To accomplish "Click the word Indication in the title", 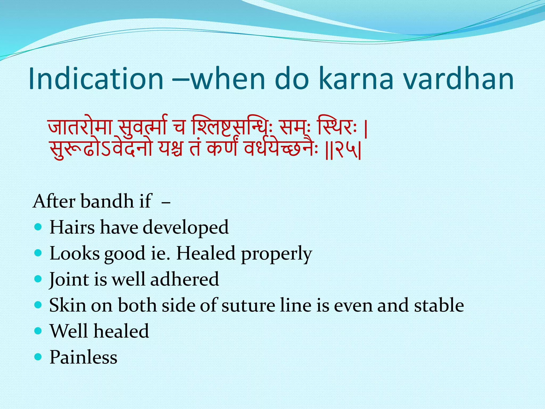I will tap(96, 79).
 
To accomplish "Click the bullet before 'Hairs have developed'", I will tap(38, 227).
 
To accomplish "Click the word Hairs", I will tap(72, 227).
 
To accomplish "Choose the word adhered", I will tap(184, 279).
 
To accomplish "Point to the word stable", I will tap(439, 305).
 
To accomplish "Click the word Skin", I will tap(68, 305).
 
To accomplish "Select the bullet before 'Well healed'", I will tap(38, 331).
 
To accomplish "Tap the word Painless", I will tap(83, 357).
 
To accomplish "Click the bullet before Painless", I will tap(38, 357).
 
